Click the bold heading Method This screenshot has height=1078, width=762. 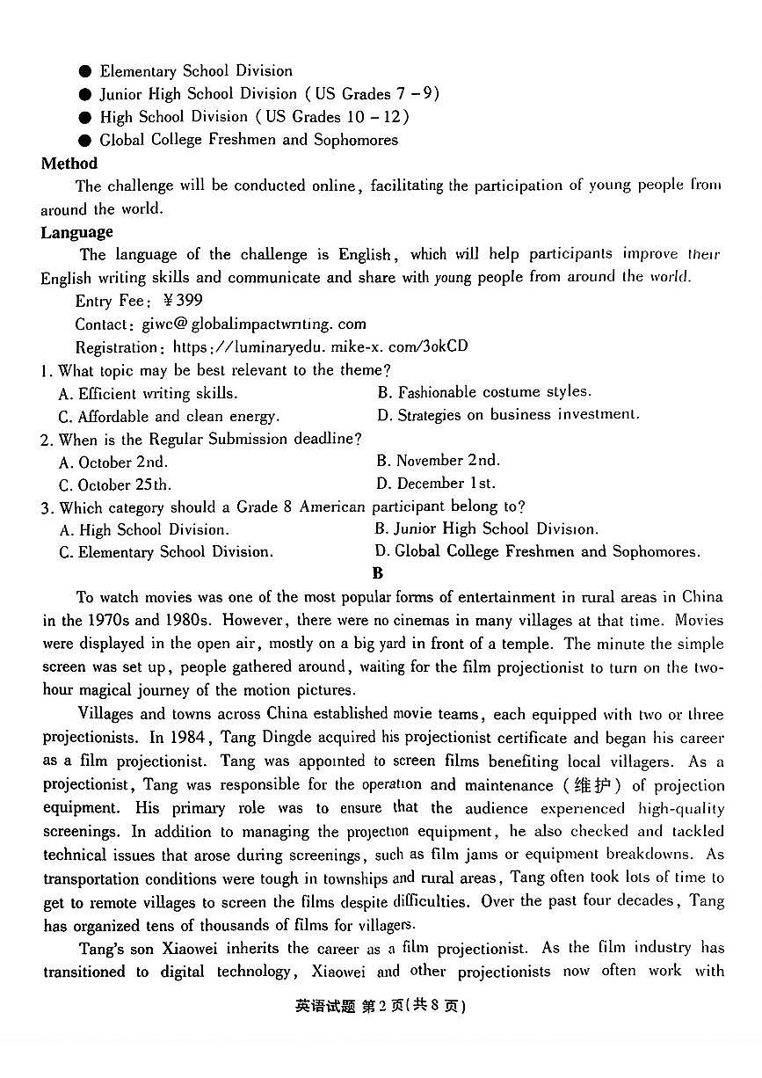pos(69,164)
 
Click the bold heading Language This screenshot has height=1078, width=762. pos(76,232)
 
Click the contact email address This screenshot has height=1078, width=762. pos(254,324)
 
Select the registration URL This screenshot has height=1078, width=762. pos(320,346)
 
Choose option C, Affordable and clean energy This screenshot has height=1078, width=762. pos(169,417)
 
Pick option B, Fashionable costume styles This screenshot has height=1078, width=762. pos(484,392)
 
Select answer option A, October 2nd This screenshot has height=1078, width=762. pos(113,462)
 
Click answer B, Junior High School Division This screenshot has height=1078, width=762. pos(486,529)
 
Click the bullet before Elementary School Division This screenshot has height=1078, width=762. pos(85,71)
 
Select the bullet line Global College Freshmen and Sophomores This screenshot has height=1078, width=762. pos(248,140)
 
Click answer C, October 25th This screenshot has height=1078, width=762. pos(115,484)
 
